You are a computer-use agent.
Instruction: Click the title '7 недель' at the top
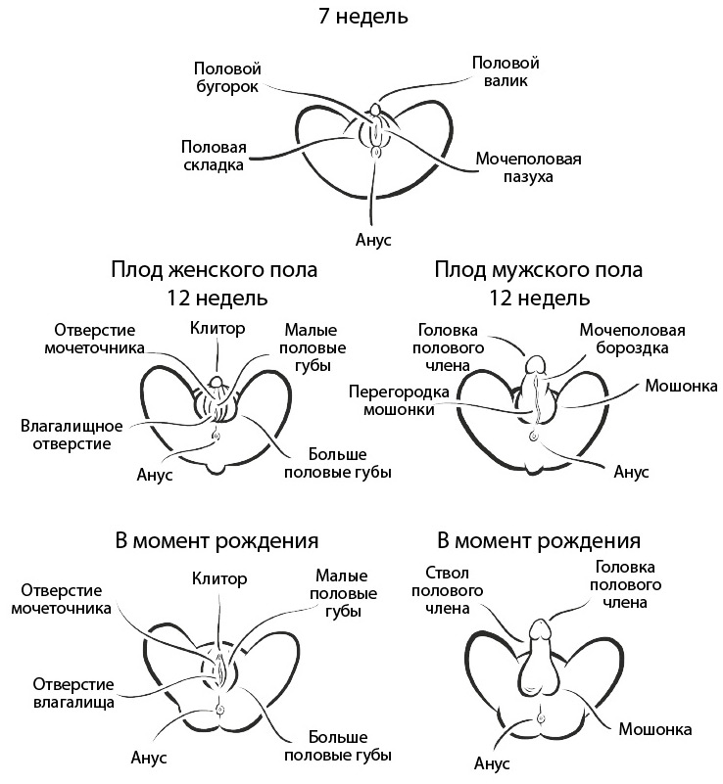pos(363,17)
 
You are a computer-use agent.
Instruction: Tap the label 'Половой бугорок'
pos(226,77)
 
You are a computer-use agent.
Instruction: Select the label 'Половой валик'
pos(506,71)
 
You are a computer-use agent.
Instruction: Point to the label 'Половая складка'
pos(213,156)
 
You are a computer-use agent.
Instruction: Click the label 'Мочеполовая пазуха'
pos(529,167)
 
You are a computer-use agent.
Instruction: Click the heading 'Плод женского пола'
pos(215,269)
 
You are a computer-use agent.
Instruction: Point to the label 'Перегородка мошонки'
pos(398,401)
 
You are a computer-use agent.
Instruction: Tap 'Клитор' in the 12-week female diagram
pos(218,329)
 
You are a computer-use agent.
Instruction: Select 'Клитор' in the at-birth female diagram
pos(219,577)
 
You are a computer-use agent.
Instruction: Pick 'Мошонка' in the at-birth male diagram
pos(655,729)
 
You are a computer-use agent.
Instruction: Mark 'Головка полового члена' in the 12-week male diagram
pos(450,347)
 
